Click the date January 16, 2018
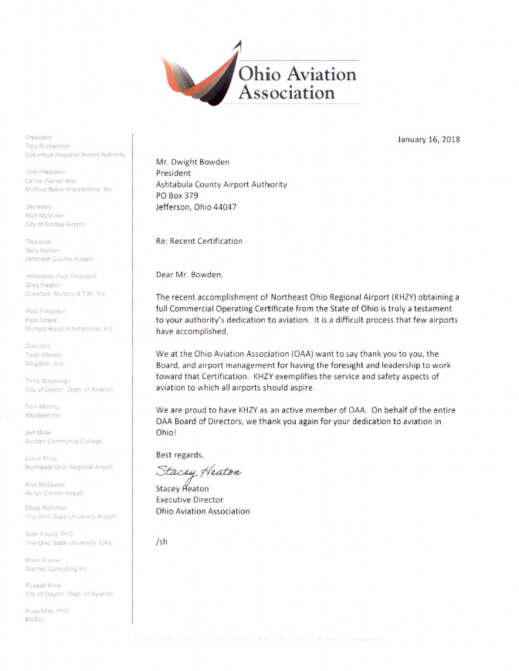click(429, 140)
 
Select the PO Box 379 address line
click(177, 195)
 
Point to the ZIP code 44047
click(224, 206)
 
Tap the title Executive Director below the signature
click(189, 500)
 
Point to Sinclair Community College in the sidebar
click(63, 442)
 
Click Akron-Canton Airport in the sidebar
click(54, 492)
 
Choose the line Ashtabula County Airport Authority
click(221, 184)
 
